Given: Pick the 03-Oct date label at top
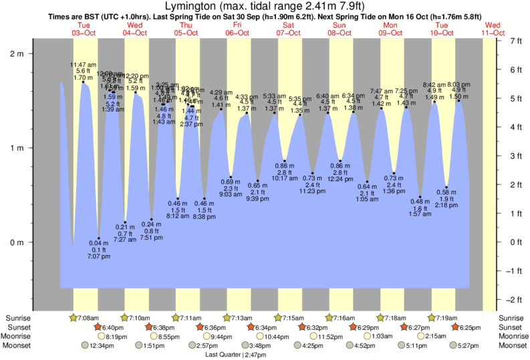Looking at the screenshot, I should (x=84, y=32).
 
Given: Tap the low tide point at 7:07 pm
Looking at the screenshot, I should (x=98, y=238).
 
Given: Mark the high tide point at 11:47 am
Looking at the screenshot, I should (x=84, y=81).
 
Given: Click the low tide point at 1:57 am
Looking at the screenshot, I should (x=420, y=197).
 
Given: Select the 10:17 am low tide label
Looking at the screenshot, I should (x=285, y=178).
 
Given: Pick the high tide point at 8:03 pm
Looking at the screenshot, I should (x=458, y=101).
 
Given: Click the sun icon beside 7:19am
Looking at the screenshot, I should (x=432, y=317).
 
